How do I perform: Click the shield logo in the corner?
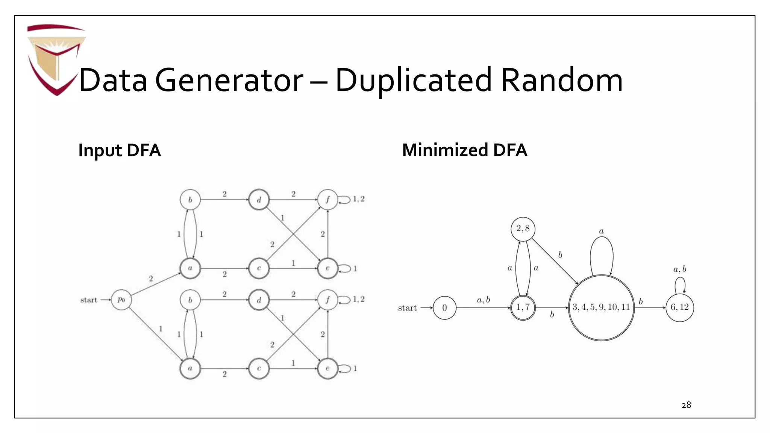click(x=56, y=58)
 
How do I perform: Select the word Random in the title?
click(x=562, y=80)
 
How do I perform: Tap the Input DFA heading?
click(x=119, y=150)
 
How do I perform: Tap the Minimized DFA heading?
click(x=464, y=150)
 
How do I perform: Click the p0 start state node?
click(x=121, y=300)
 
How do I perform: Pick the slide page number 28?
click(x=686, y=405)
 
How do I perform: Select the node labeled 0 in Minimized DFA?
click(x=444, y=308)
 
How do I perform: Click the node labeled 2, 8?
click(x=523, y=229)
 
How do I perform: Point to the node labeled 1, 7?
click(x=523, y=307)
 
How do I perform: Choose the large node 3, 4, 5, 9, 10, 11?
click(x=601, y=307)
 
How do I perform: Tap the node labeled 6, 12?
click(x=679, y=307)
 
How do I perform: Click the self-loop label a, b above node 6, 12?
click(x=679, y=269)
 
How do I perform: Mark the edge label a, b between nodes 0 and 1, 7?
click(x=483, y=300)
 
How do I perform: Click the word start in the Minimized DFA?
click(x=407, y=308)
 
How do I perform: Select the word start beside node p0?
click(x=89, y=300)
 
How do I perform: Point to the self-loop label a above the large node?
click(x=601, y=231)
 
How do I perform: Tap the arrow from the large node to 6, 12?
click(x=650, y=308)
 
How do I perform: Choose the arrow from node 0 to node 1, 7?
click(x=483, y=308)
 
